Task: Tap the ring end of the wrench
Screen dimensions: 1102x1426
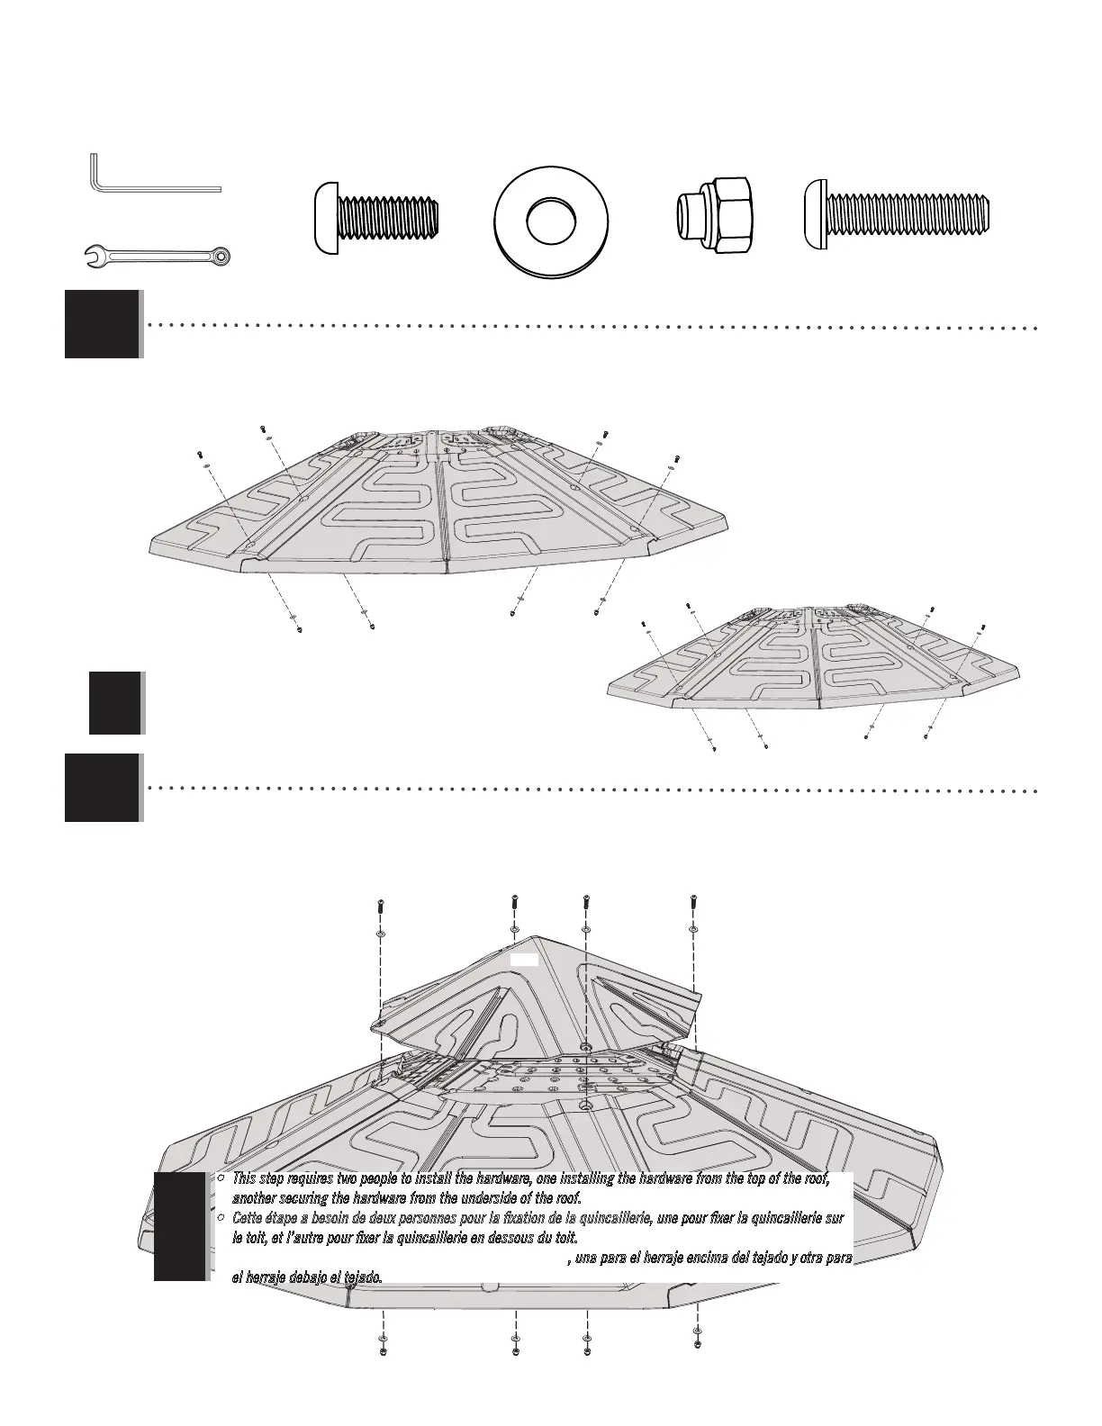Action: point(221,257)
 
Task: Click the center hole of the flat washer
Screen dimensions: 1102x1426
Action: point(551,220)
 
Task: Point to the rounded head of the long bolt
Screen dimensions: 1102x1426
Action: point(815,213)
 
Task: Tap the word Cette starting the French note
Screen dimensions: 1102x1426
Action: point(248,1217)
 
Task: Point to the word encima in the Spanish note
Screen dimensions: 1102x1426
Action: point(697,1258)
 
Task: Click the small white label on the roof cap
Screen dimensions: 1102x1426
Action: point(524,960)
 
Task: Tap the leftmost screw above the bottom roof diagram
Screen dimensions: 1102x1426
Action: point(380,909)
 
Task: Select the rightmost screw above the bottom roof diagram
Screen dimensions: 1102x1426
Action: point(693,902)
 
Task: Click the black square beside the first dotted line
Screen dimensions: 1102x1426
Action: point(103,324)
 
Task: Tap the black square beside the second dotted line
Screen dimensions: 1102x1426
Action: point(103,788)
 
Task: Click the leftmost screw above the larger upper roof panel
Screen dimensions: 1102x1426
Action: point(199,454)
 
